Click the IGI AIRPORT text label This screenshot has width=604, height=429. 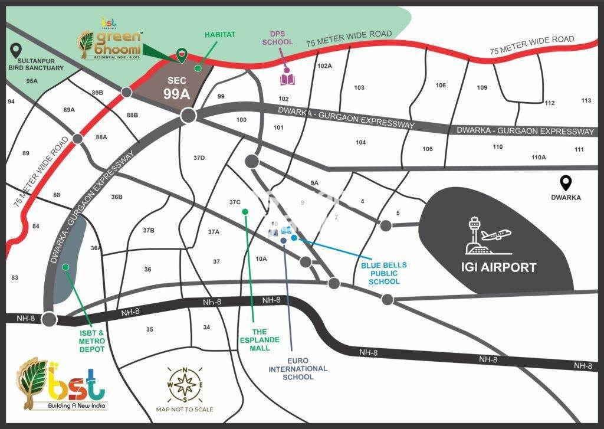(498, 267)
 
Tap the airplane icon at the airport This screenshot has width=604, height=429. (495, 234)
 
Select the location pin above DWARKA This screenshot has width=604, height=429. (566, 184)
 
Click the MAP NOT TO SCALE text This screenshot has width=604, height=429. (185, 409)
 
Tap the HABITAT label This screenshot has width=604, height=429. (220, 35)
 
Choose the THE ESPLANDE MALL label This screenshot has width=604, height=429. (255, 340)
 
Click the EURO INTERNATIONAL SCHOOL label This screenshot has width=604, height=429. (298, 368)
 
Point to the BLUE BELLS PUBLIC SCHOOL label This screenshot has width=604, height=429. (384, 273)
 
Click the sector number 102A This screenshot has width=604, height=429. (324, 66)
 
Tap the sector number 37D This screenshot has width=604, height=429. (199, 158)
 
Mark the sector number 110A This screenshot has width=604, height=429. (539, 157)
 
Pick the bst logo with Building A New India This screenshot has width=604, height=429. (62, 384)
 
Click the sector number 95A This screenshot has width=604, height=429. (32, 81)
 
